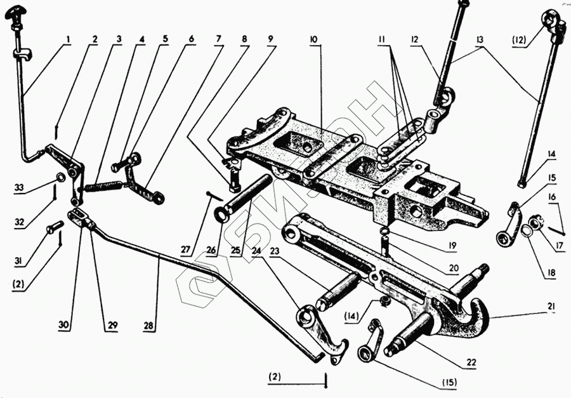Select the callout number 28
[148, 326]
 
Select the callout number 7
[219, 39]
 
